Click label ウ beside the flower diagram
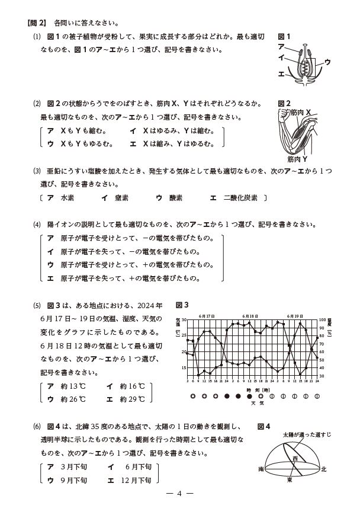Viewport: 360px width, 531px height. [327, 62]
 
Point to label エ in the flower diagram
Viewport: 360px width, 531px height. [281, 74]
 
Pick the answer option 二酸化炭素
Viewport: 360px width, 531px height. [241, 198]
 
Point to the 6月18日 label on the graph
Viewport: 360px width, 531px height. [251, 316]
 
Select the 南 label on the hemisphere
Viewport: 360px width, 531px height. [261, 469]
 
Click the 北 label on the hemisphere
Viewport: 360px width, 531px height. [323, 469]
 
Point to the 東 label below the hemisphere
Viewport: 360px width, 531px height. [289, 479]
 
